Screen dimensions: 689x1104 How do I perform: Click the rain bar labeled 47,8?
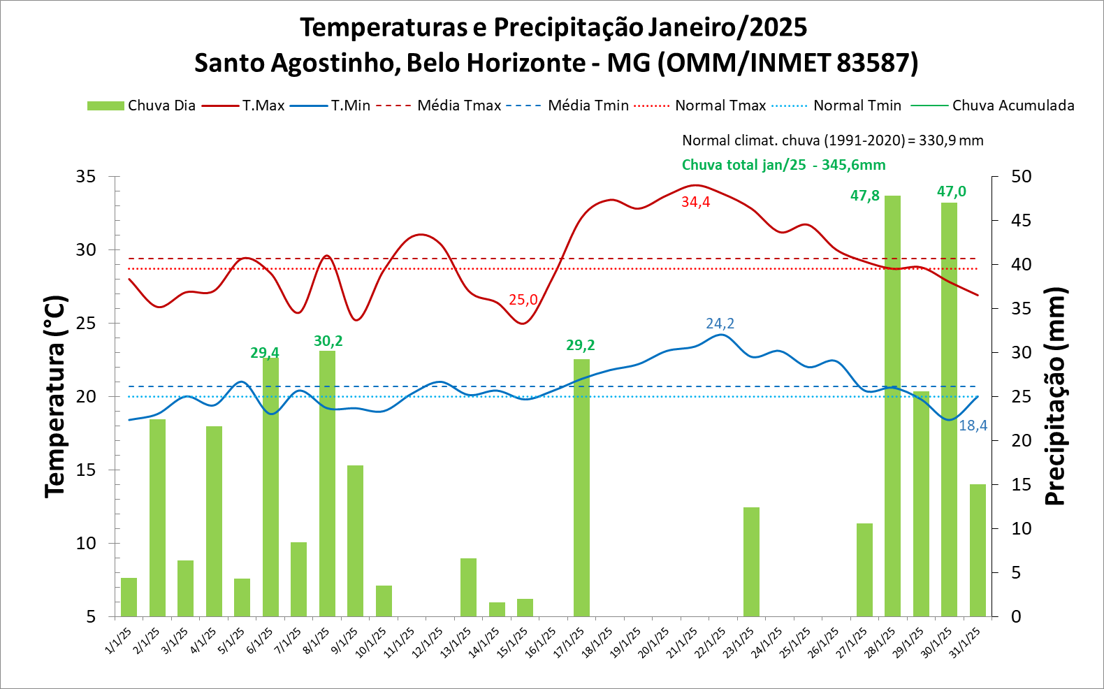click(892, 405)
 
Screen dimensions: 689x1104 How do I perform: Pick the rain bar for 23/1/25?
click(751, 562)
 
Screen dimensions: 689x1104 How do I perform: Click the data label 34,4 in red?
click(695, 202)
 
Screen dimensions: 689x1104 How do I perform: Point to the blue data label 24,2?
click(720, 324)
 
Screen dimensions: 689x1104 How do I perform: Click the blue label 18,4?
click(973, 426)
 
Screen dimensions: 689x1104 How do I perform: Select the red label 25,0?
click(523, 300)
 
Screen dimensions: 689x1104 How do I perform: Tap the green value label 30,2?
click(328, 341)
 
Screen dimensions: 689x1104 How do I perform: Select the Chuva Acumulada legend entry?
click(1012, 106)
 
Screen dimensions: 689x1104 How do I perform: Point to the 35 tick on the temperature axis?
click(86, 176)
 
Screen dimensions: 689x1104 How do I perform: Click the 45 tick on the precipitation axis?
click(1022, 220)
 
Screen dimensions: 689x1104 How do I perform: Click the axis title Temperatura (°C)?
click(55, 396)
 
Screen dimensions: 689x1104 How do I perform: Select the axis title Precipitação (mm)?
click(1055, 396)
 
